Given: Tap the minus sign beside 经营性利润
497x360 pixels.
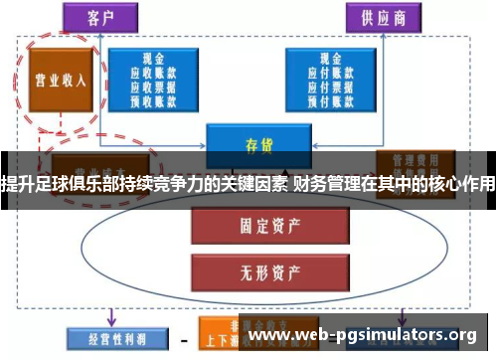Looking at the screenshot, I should (183, 339).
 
